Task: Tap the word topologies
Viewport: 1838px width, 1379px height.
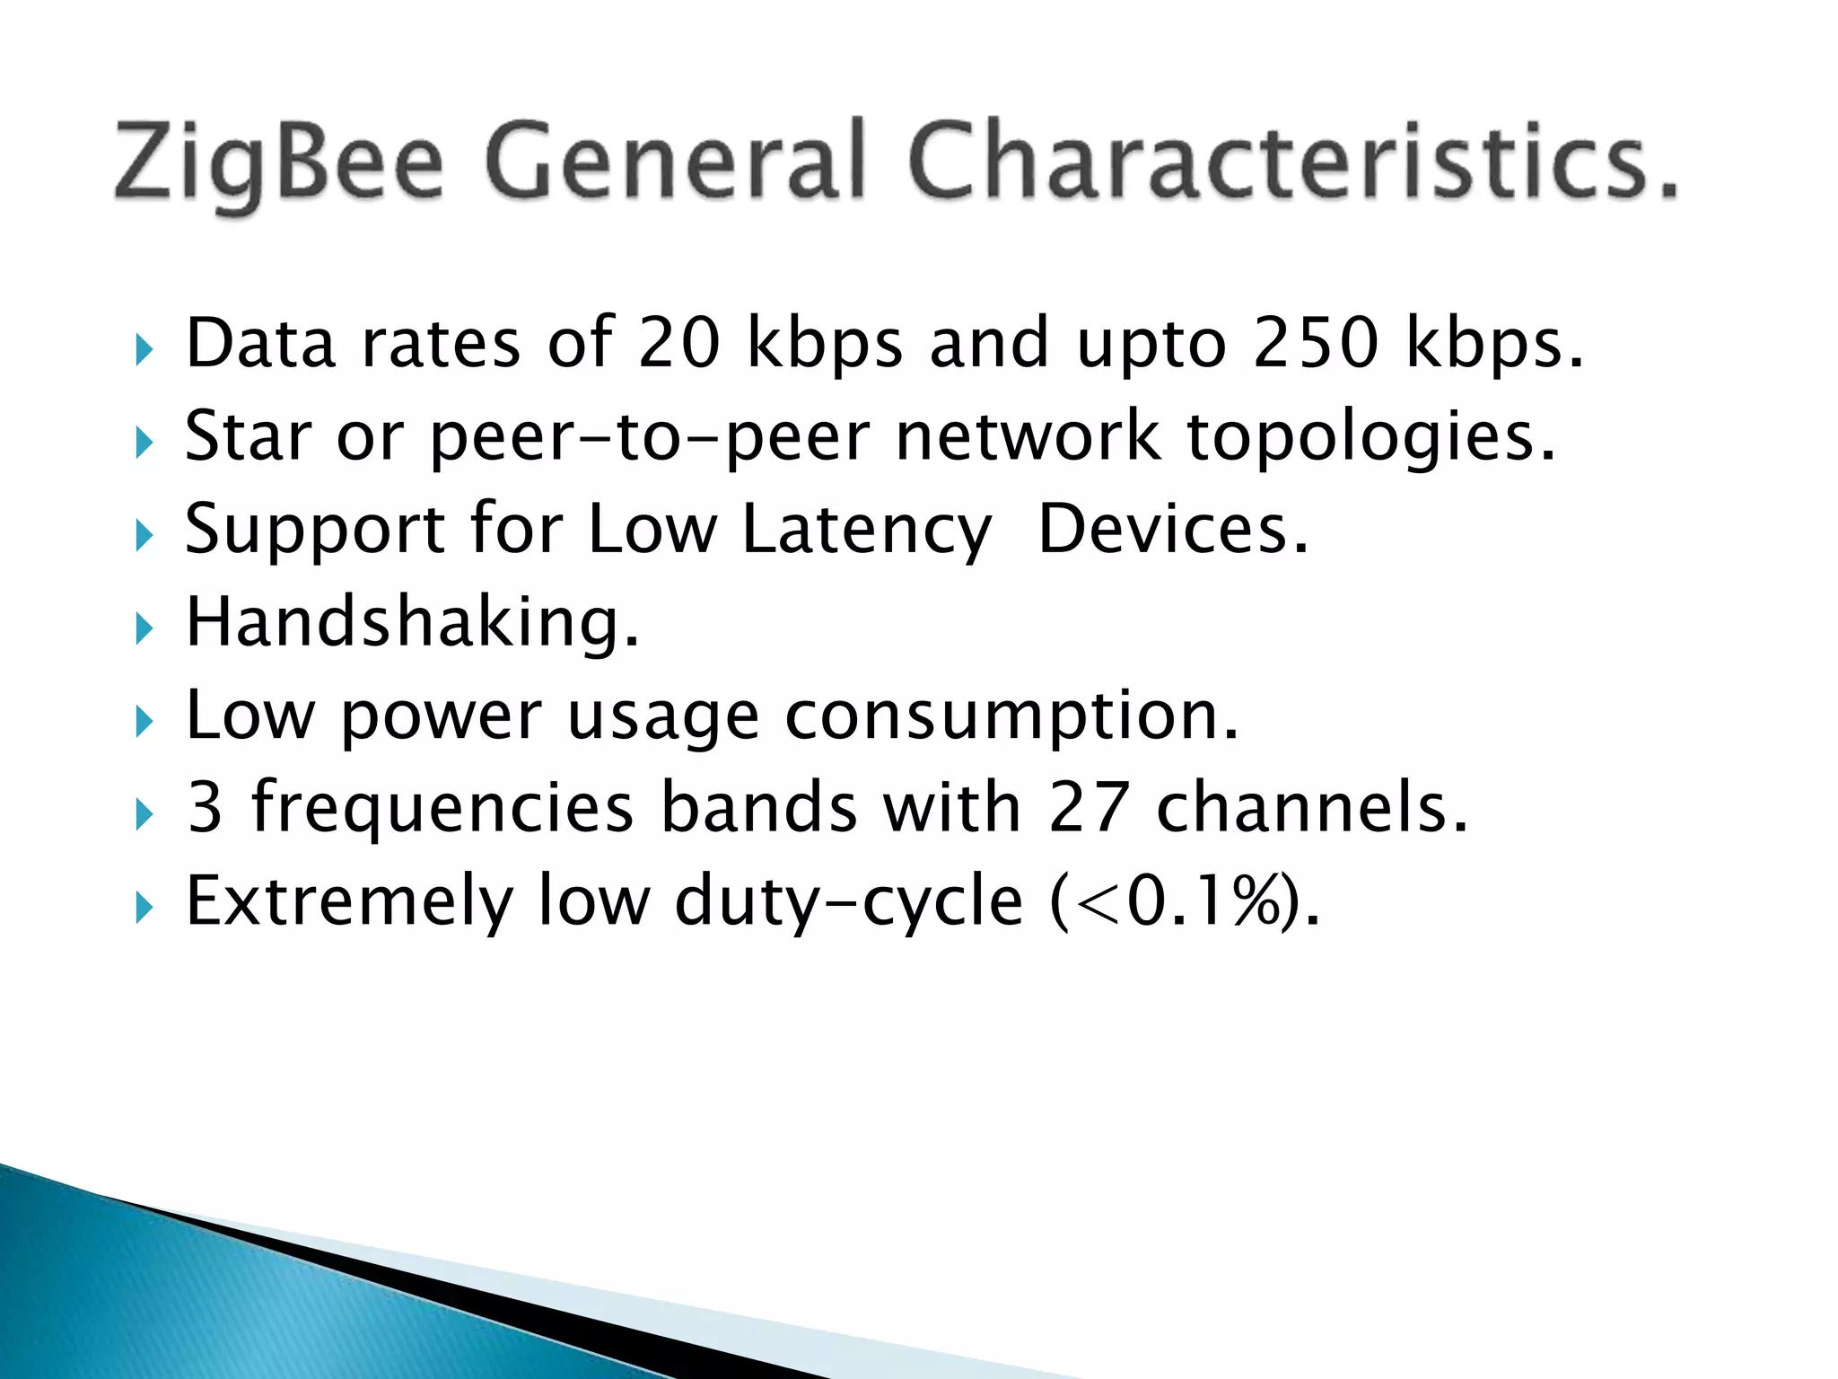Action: point(1370,437)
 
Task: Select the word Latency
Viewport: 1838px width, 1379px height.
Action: point(867,530)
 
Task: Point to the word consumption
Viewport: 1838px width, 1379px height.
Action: point(1011,716)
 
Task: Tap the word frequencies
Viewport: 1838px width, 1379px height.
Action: point(442,807)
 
